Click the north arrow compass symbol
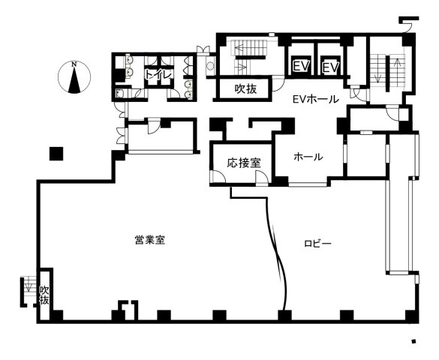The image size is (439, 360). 74,78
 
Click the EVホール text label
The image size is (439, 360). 315,98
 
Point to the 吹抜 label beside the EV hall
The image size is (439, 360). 245,88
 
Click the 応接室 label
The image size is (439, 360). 244,162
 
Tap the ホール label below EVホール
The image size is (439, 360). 308,157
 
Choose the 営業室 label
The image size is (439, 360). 150,240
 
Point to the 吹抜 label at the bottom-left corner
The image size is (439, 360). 44,295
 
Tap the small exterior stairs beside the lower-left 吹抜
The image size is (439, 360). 29,291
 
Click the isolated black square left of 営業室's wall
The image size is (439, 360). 55,154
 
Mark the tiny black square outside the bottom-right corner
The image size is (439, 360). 413,342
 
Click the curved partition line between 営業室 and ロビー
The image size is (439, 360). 280,255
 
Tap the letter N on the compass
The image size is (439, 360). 74,64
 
